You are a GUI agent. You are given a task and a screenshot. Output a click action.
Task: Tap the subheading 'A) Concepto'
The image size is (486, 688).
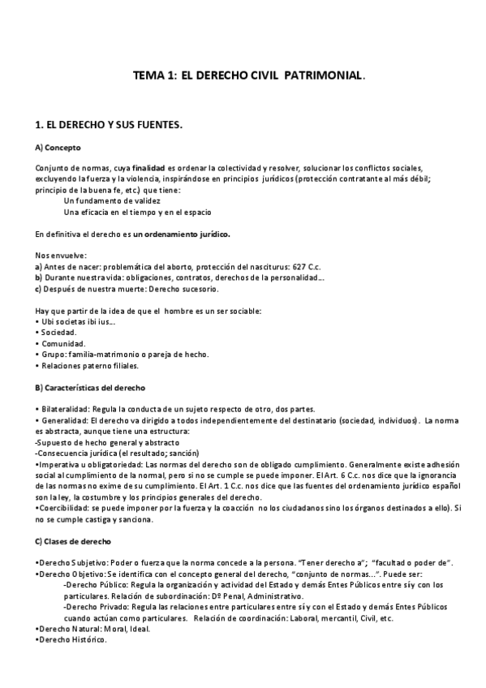coord(58,148)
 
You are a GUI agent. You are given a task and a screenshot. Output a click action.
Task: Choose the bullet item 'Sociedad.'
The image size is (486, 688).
coord(59,333)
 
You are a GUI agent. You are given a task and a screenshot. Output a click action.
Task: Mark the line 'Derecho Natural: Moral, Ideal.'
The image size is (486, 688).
coord(94,628)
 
